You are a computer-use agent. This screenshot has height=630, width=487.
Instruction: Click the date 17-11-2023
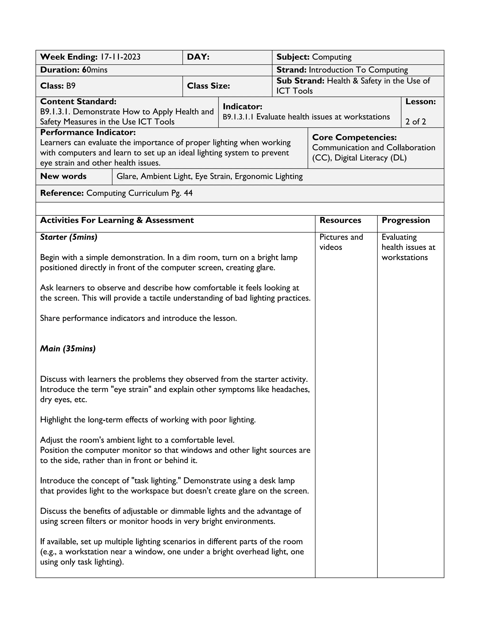point(120,57)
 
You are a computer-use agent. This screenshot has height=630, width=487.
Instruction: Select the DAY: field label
point(198,57)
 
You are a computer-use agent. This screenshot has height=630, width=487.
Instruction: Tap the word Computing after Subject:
point(332,57)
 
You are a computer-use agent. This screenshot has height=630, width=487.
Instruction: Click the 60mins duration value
point(95,70)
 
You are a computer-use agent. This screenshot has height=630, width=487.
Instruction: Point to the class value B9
point(71,86)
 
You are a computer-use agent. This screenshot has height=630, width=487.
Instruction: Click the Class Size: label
point(208,86)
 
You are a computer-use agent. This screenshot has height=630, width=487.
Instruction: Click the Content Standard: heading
point(78,102)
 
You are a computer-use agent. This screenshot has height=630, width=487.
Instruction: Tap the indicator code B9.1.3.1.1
point(238,117)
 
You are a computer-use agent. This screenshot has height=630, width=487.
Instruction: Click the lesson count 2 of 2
point(415,122)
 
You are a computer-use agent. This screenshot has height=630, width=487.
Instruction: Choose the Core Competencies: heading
point(354,137)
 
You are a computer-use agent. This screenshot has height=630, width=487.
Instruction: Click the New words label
point(63,176)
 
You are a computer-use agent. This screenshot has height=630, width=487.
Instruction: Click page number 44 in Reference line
point(188,193)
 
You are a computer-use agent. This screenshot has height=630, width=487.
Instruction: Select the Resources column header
point(340,220)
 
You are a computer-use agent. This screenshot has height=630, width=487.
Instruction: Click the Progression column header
point(406,220)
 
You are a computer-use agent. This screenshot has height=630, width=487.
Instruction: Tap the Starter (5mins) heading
point(69,237)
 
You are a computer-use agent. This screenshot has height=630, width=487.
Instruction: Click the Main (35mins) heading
point(68,349)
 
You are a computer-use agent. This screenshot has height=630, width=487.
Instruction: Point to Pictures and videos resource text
point(341,242)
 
